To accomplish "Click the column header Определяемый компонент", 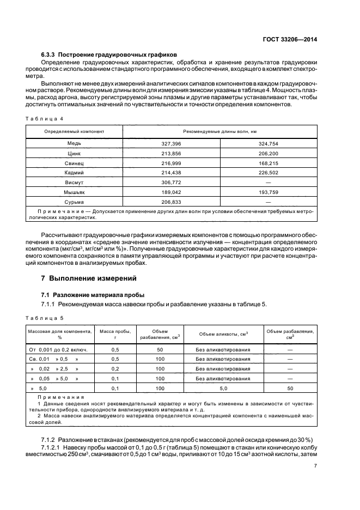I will [74, 132].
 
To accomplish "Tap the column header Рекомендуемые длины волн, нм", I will [219, 132].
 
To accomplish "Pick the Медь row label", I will [74, 143].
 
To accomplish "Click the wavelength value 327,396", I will [172, 143].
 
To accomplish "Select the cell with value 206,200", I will [269, 154].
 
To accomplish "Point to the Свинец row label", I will [74, 163].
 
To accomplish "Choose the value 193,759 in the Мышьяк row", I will [269, 192].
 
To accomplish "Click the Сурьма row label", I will [74, 202].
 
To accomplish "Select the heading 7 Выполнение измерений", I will [89, 278].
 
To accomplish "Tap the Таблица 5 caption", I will [45, 317].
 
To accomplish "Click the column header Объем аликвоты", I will [223, 333].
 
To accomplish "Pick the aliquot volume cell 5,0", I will [223, 388].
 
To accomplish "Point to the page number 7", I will [315, 466].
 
